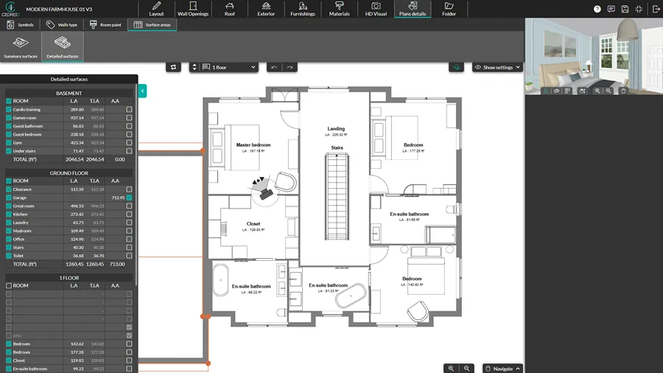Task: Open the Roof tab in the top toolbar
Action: [x=230, y=9]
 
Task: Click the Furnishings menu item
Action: [x=302, y=9]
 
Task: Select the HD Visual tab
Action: [x=376, y=9]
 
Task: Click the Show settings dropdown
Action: [x=498, y=67]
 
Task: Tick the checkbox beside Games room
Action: [x=9, y=118]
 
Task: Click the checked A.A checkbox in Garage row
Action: [x=129, y=198]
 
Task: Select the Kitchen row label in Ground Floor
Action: [x=22, y=215]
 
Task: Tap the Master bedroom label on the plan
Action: [x=253, y=144]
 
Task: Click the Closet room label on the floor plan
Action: [x=253, y=224]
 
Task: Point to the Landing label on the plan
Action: [x=336, y=129]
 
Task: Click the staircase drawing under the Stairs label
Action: [x=336, y=199]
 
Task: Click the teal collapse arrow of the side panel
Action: [x=142, y=91]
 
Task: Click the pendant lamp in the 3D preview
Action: [x=628, y=31]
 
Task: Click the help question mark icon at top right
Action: [x=597, y=9]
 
